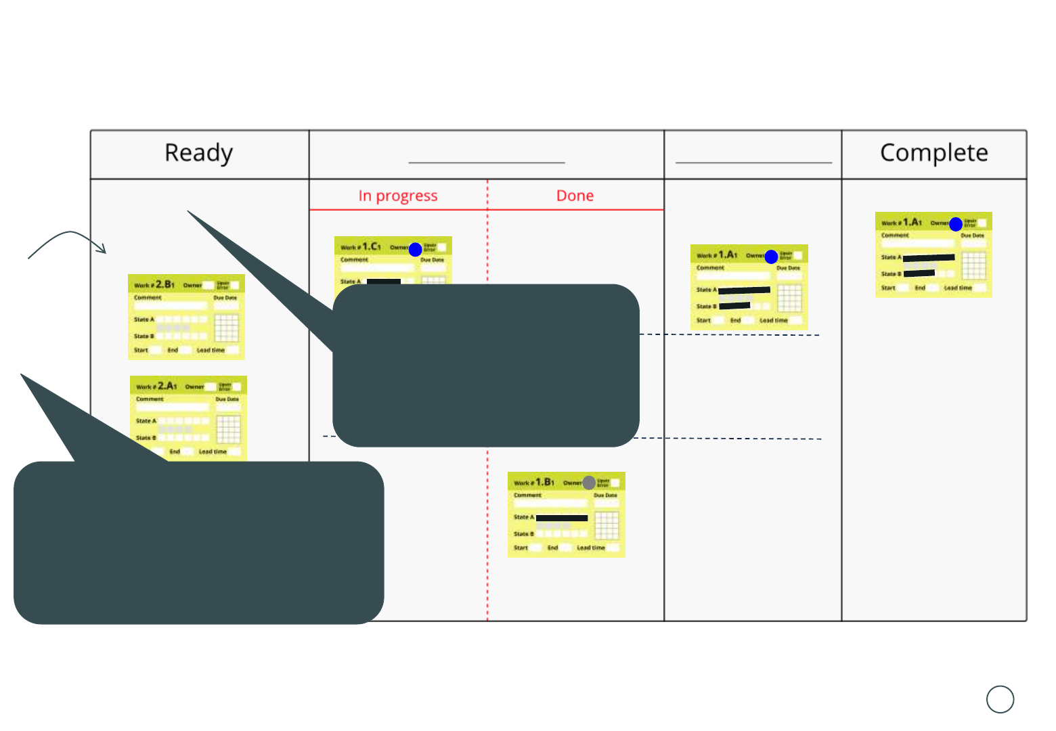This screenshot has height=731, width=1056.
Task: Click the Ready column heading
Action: click(x=198, y=153)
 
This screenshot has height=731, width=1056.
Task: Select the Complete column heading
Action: click(x=933, y=153)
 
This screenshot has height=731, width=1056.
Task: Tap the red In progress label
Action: click(x=398, y=196)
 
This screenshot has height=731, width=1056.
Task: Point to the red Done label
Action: click(x=575, y=196)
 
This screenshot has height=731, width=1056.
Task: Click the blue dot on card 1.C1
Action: click(x=416, y=250)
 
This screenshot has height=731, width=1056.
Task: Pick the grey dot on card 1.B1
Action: click(x=589, y=483)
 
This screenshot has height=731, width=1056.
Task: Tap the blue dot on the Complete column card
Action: click(x=956, y=224)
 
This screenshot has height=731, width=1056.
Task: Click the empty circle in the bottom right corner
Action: click(x=1000, y=699)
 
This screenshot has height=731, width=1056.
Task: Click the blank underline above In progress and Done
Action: click(x=486, y=162)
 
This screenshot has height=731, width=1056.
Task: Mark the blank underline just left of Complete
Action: click(x=753, y=162)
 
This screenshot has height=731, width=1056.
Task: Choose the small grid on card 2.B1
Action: click(x=227, y=328)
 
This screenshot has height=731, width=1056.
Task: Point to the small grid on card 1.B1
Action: click(x=607, y=525)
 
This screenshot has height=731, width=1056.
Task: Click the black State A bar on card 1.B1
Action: click(x=562, y=518)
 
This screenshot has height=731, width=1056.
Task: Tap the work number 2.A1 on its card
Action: click(x=167, y=386)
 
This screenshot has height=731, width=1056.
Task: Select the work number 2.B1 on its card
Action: click(x=165, y=284)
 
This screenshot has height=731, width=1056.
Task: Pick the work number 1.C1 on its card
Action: click(x=372, y=246)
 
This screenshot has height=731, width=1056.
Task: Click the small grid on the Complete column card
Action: click(x=974, y=265)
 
